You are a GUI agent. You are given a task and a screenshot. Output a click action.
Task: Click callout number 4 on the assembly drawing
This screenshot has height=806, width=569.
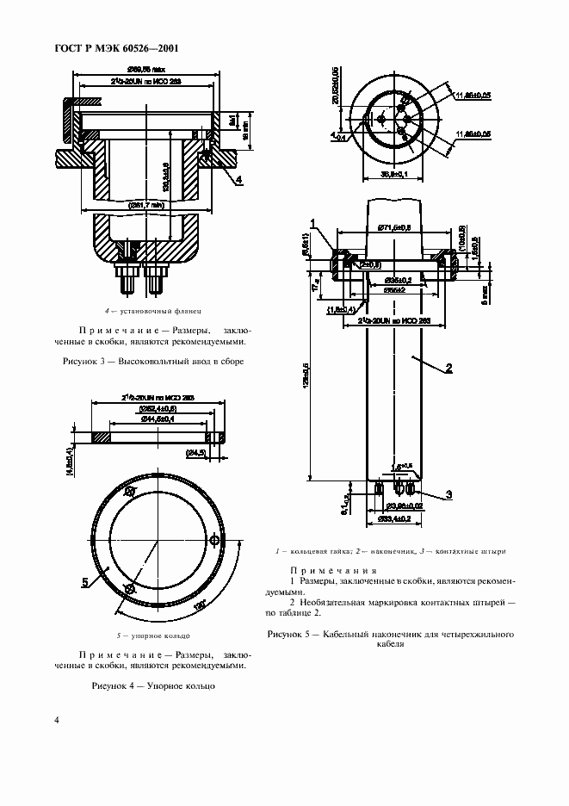point(238,179)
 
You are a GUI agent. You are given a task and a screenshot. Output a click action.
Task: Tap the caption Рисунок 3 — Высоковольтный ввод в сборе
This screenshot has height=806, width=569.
point(154,362)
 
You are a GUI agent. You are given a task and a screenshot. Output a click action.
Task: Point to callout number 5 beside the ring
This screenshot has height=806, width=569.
point(85,582)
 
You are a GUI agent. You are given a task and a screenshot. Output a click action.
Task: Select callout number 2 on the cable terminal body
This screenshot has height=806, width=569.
point(448,370)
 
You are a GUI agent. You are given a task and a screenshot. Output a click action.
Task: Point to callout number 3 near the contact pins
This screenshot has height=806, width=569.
point(448,494)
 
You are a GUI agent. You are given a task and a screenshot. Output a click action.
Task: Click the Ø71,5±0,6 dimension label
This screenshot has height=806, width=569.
point(394,227)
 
